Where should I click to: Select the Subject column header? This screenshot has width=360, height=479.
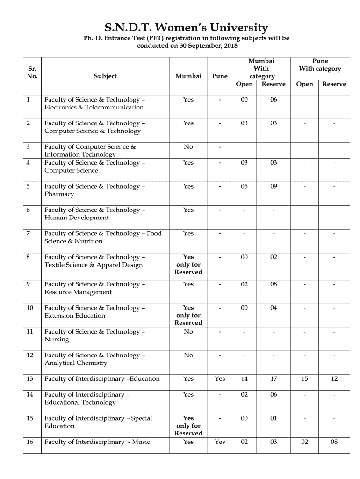point(105,76)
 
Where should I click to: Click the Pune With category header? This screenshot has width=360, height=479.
point(320,65)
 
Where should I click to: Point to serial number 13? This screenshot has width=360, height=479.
point(30,378)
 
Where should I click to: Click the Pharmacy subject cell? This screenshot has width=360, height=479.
point(94,190)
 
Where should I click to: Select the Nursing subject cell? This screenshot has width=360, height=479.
point(94,335)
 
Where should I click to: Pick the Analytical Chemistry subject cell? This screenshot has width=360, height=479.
point(94,359)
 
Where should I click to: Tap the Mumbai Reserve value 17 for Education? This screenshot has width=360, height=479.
point(274,378)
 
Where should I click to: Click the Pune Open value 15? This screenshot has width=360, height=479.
point(304,378)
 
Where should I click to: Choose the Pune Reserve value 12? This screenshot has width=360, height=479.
point(334,378)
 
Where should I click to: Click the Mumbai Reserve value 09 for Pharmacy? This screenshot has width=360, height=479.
point(274,186)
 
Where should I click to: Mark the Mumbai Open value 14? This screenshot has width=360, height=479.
point(244,378)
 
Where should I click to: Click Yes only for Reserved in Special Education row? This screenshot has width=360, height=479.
point(188,425)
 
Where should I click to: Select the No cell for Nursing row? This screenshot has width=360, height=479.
point(188,332)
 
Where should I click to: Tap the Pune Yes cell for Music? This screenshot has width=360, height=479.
point(220,442)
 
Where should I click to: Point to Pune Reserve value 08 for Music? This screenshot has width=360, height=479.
point(334,442)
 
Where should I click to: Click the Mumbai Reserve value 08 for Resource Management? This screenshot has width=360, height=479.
point(274,284)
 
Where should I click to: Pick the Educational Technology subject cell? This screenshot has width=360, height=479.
point(87,398)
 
